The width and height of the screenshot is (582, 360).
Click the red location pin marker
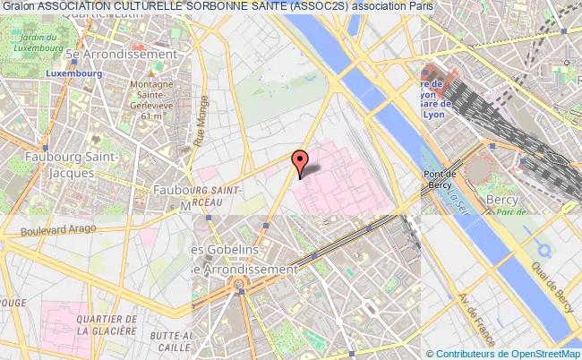click(x=300, y=162)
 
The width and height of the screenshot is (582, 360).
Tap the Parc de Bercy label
click(x=510, y=213)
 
